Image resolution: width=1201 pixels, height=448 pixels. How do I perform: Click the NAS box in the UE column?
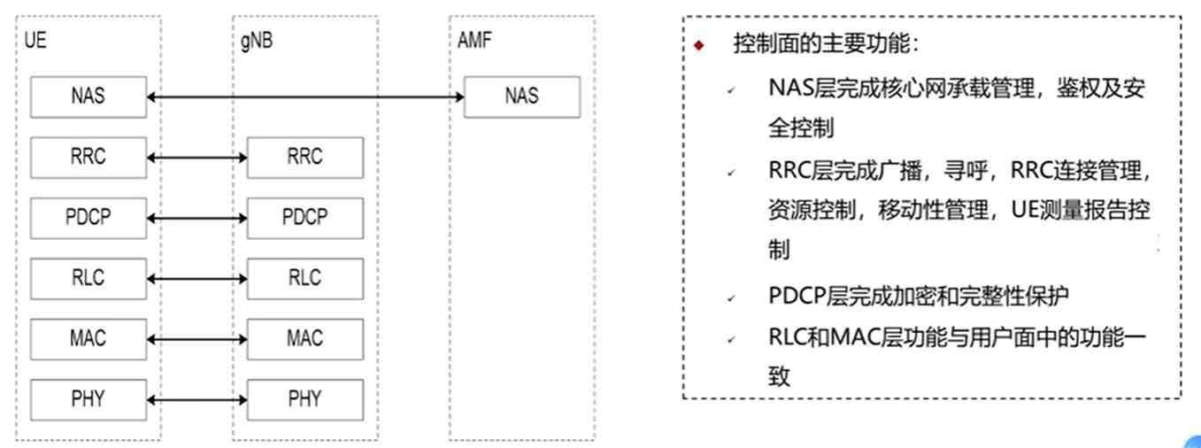(x=88, y=97)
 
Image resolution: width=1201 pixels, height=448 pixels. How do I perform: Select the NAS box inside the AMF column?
(x=521, y=97)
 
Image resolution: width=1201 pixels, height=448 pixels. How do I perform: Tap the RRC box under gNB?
(x=304, y=158)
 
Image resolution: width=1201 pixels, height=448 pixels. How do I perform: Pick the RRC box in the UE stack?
(x=88, y=158)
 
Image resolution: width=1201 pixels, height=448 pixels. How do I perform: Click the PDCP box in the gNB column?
(x=304, y=218)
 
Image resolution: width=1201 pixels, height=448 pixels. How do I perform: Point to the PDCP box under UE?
(x=88, y=218)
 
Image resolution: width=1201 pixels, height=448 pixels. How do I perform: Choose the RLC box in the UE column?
(x=88, y=278)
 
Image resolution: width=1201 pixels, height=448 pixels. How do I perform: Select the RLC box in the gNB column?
(x=304, y=278)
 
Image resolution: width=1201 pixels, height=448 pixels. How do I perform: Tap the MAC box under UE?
(x=88, y=338)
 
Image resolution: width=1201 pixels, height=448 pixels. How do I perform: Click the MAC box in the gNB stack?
(x=304, y=338)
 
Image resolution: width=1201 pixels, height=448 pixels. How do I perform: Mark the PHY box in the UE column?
(x=88, y=399)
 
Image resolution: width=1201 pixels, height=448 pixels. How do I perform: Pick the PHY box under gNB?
(x=304, y=399)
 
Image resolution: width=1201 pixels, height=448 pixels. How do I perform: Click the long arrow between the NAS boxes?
(x=304, y=92)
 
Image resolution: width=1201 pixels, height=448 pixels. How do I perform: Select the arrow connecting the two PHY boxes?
(x=196, y=400)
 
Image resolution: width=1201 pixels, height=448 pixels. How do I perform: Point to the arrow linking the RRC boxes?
(x=196, y=158)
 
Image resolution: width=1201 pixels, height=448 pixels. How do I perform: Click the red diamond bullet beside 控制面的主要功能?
(x=699, y=46)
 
